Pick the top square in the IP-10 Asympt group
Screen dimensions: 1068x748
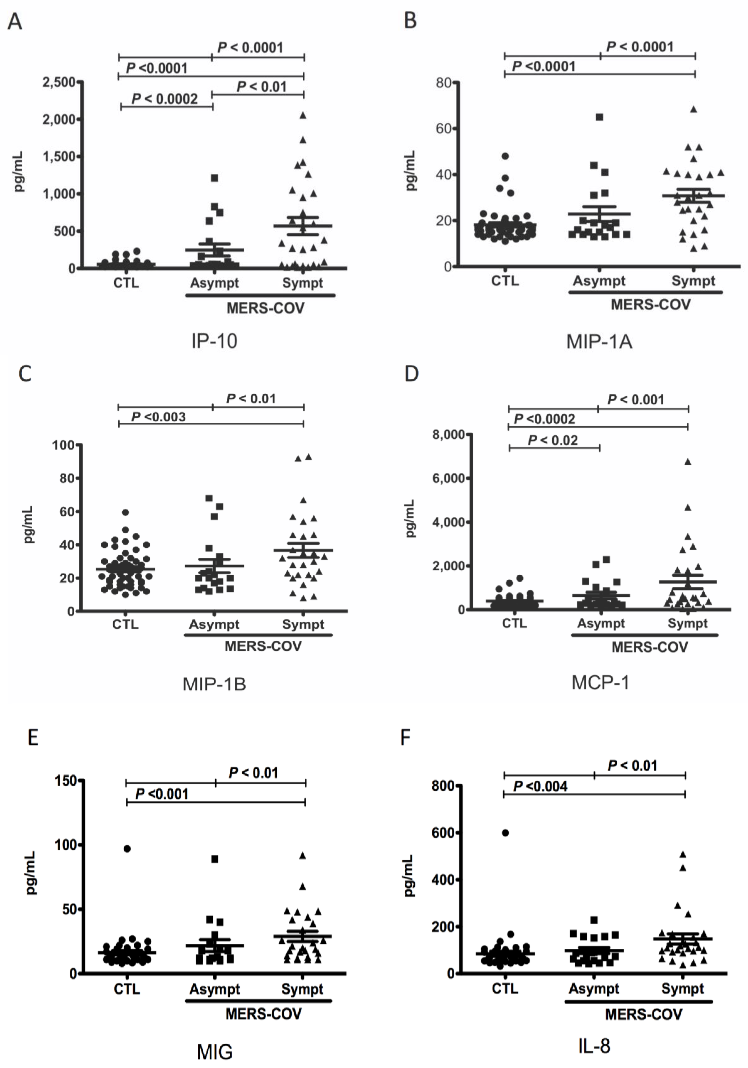pyautogui.click(x=214, y=178)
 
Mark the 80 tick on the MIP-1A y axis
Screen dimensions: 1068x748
pyautogui.click(x=443, y=83)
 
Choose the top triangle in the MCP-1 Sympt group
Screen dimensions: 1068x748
pyautogui.click(x=688, y=461)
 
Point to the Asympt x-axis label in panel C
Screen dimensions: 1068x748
pyautogui.click(x=214, y=624)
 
